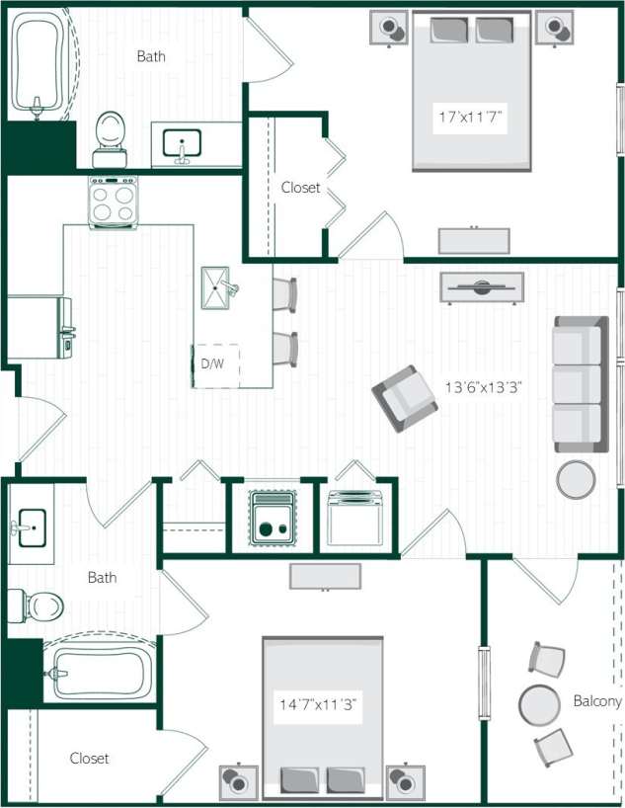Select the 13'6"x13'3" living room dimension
pos(483,388)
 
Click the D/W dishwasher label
pos(212,364)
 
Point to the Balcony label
pos(596,701)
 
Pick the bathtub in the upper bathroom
pos(39,64)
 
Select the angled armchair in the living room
pos(404,398)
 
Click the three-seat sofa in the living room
pos(580,384)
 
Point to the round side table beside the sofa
pos(576,480)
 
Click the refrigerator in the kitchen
pos(39,327)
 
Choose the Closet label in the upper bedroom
pos(300,187)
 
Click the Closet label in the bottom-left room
pos(89,759)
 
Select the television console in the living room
pos(483,286)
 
